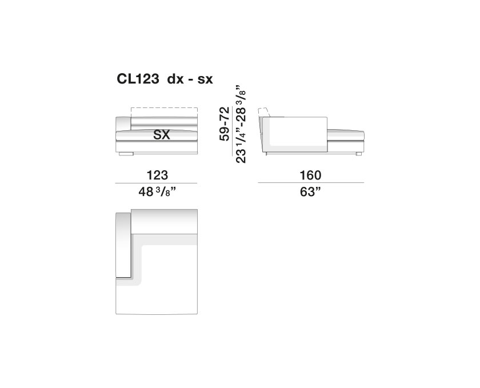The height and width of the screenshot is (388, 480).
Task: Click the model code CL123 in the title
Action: coord(138,79)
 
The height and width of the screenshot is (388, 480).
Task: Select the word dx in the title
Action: coord(175,79)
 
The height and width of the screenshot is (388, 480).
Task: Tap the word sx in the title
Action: coord(205,80)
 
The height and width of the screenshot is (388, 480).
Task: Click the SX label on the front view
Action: coord(161,135)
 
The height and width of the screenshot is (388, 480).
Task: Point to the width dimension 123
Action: coord(157,175)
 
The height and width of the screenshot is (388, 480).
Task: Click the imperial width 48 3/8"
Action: coord(158,192)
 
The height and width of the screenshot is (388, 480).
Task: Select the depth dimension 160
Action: coord(310,175)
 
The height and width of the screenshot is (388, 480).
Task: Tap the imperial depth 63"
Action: coord(310,192)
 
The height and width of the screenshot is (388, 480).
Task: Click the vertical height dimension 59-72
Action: coord(225,123)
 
